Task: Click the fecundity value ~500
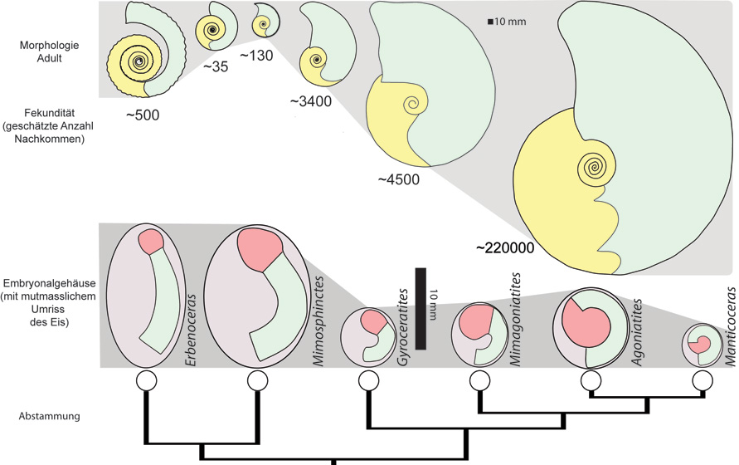pyautogui.click(x=143, y=115)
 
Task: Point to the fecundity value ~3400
pyautogui.click(x=311, y=101)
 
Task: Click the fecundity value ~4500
pyautogui.click(x=398, y=179)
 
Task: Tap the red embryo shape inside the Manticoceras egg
pyautogui.click(x=703, y=343)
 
